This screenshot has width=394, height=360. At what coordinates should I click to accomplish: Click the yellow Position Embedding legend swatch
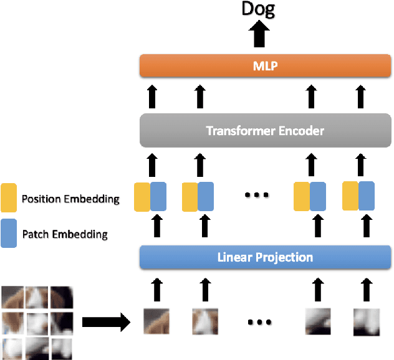click(9, 198)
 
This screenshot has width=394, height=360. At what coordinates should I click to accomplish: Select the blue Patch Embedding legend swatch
click(9, 234)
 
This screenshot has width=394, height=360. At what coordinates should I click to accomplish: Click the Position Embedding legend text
click(70, 199)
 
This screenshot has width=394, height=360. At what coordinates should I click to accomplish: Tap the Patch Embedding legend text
click(65, 235)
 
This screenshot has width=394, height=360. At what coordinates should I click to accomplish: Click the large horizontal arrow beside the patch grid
click(105, 323)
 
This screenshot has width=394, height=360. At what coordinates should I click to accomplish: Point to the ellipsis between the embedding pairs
click(256, 195)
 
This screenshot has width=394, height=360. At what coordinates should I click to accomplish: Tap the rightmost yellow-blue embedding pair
click(358, 195)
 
